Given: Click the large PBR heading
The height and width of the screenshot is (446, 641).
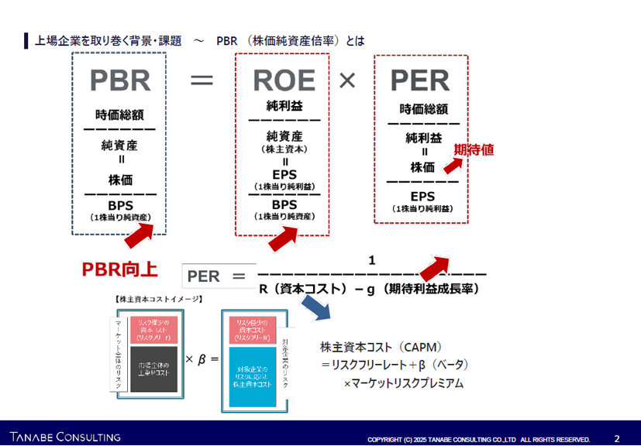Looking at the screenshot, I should (x=119, y=81).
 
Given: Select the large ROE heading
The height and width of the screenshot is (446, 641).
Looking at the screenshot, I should (x=284, y=81).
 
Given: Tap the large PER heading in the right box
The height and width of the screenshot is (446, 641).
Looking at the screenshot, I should (x=419, y=81).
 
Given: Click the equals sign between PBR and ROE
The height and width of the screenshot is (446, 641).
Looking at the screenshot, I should (x=202, y=80).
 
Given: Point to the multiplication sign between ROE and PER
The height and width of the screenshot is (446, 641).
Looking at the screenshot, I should (x=348, y=81).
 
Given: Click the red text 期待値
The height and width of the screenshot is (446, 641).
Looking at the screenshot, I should (x=474, y=149).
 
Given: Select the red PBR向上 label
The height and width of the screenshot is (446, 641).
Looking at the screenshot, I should (x=119, y=269).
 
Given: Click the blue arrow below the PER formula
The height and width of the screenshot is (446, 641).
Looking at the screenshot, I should (x=317, y=309).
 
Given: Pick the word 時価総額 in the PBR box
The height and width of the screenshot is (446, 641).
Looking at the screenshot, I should (x=119, y=115).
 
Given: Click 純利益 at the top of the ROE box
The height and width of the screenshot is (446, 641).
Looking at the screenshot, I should (x=284, y=105).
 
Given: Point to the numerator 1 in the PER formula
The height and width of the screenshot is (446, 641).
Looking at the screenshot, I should (x=371, y=260).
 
